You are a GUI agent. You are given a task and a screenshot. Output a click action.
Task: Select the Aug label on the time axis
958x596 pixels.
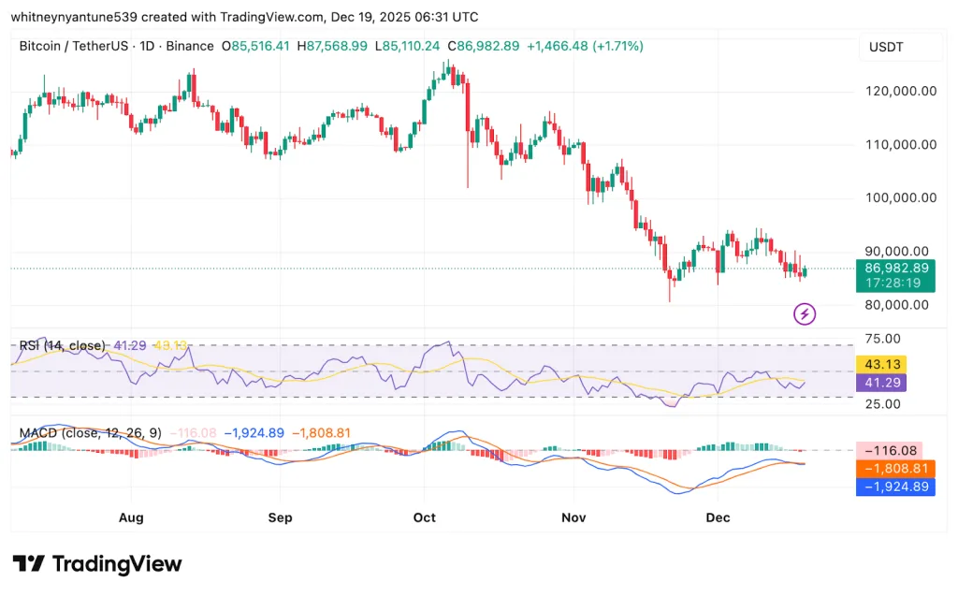coord(132,517)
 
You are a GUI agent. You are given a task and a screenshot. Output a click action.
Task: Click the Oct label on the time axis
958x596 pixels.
coord(425,517)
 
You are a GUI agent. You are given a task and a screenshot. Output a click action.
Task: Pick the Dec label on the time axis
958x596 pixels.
coord(718,517)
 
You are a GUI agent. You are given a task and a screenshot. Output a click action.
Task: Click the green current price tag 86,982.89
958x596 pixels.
coord(894,268)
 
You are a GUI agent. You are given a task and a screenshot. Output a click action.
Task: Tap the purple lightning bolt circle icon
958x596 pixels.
coord(805,314)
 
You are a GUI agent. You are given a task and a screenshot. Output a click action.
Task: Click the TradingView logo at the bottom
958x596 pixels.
coord(97,564)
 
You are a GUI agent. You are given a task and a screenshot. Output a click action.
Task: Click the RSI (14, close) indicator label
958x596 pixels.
coord(62,346)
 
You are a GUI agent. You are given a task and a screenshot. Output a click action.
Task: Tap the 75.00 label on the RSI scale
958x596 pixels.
coord(882,338)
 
